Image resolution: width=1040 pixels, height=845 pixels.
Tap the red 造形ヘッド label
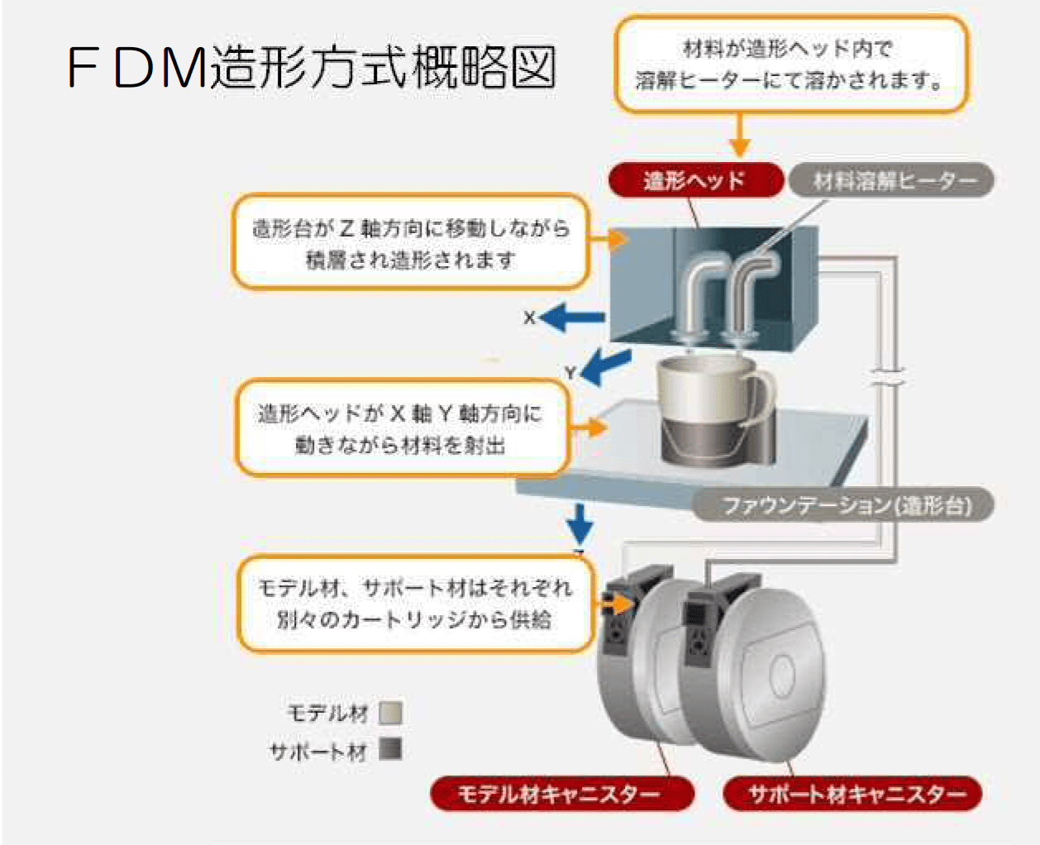click(x=694, y=180)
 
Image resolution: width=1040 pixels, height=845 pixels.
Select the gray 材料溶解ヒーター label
click(x=891, y=180)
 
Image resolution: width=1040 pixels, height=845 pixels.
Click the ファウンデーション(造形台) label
click(x=843, y=504)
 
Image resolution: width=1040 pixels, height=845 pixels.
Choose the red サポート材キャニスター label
click(x=853, y=795)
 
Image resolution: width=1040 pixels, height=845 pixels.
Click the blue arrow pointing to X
click(x=575, y=317)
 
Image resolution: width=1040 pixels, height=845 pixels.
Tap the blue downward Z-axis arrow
click(x=580, y=523)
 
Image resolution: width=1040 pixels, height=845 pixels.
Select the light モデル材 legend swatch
click(x=390, y=713)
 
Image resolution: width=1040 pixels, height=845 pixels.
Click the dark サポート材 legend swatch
click(x=390, y=750)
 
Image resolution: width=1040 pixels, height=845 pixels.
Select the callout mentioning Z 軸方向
click(x=411, y=242)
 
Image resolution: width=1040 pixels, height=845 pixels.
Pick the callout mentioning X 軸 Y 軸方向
click(x=402, y=428)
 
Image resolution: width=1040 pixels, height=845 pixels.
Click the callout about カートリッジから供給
click(x=415, y=604)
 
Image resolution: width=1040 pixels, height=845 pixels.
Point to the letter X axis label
click(x=530, y=317)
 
